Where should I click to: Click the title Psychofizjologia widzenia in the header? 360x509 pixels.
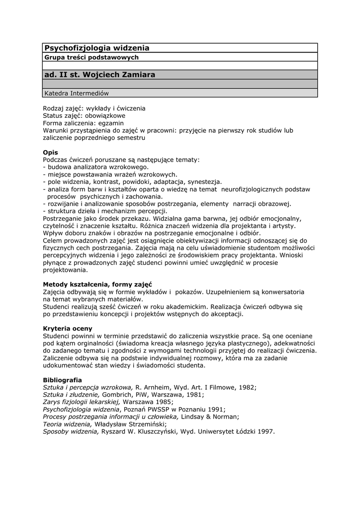(97, 48)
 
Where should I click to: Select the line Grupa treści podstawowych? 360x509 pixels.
(91, 57)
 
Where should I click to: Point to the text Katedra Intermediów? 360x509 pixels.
(76, 93)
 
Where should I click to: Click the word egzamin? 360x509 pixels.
(110, 123)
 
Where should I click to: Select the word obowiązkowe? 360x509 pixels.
(105, 115)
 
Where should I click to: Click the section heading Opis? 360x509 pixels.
(50, 152)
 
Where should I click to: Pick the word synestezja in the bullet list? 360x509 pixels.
(204, 182)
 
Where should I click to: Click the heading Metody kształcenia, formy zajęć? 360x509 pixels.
(97, 284)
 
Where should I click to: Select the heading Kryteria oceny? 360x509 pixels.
(68, 329)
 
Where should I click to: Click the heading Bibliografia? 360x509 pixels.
(62, 380)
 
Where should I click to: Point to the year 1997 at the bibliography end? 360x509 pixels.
(266, 432)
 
